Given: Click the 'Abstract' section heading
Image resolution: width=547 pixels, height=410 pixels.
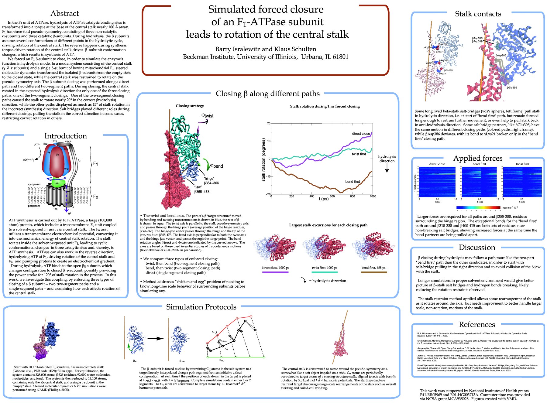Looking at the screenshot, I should [64, 13].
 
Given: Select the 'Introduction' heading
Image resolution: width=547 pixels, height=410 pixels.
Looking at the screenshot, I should [65, 136].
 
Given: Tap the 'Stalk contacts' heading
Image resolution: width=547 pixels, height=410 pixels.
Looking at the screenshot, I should [478, 14].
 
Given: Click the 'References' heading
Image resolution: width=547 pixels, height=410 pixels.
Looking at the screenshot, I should [477, 324].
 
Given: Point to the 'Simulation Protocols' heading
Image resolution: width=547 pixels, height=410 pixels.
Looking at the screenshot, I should [201, 307].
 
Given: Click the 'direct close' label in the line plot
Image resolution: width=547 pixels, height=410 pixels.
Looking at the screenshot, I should [361, 134].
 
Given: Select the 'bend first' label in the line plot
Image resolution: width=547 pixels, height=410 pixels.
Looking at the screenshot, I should [352, 182].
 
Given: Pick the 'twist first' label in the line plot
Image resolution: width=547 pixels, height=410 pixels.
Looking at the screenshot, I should [359, 154].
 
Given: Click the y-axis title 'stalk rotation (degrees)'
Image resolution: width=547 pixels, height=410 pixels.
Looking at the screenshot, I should [263, 160].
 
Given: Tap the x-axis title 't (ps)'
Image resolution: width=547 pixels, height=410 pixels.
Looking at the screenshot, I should [323, 199].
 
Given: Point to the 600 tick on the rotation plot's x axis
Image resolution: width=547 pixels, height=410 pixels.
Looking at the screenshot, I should [332, 196].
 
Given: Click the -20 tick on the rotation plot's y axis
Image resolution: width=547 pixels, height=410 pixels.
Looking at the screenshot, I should [268, 194].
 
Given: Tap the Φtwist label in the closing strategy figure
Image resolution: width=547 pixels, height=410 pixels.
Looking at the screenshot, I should [208, 116].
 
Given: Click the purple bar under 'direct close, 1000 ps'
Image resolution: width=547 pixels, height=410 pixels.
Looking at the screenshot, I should [275, 272].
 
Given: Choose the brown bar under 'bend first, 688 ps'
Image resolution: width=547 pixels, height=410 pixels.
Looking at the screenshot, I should [374, 272].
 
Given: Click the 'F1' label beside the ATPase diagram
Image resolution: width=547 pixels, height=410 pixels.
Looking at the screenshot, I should [95, 164].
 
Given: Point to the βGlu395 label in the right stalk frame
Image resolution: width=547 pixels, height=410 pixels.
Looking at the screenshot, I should [512, 88].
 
